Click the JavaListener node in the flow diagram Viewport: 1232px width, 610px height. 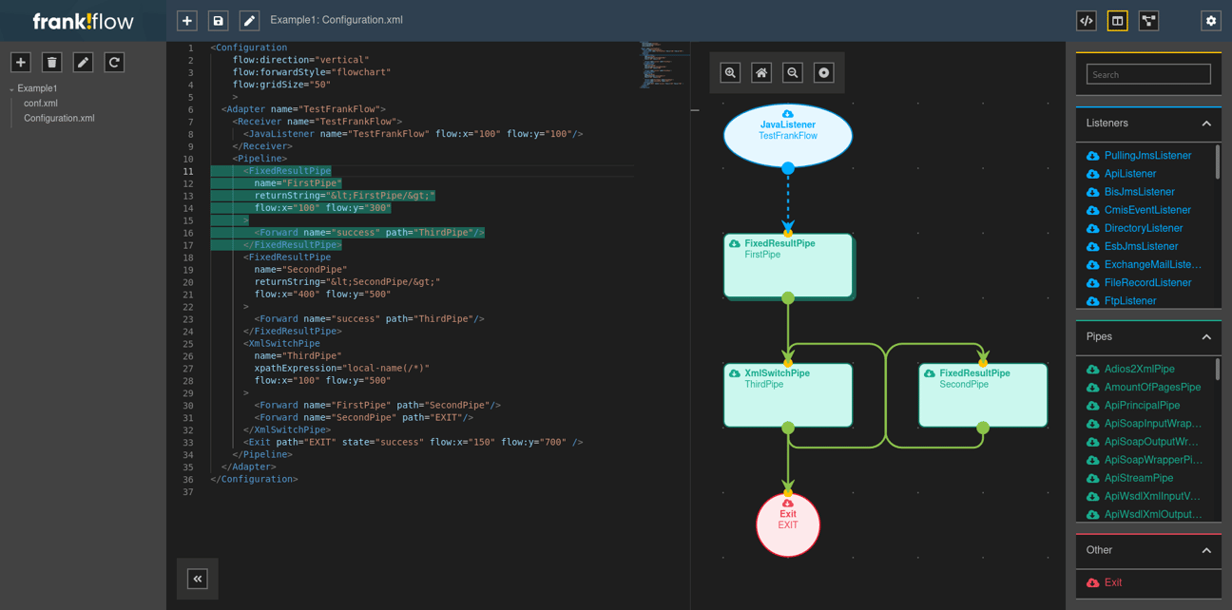pyautogui.click(x=787, y=135)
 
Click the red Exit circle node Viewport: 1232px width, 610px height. pyautogui.click(x=788, y=524)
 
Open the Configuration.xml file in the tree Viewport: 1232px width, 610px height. pyautogui.click(x=59, y=119)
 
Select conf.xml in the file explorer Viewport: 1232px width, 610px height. pyautogui.click(x=41, y=104)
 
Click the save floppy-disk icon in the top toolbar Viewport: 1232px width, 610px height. pyautogui.click(x=218, y=20)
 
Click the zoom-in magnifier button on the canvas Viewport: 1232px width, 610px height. pyautogui.click(x=730, y=73)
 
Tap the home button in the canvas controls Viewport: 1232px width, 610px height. pyautogui.click(x=761, y=73)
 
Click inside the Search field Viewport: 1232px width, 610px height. pyautogui.click(x=1148, y=74)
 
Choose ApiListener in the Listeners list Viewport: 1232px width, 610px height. pyautogui.click(x=1130, y=174)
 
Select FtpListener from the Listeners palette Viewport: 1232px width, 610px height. pyautogui.click(x=1130, y=301)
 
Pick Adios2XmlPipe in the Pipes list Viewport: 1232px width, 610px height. pyautogui.click(x=1139, y=370)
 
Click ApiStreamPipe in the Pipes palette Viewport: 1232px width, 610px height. pyautogui.click(x=1139, y=479)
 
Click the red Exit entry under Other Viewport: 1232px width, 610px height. pyautogui.click(x=1113, y=583)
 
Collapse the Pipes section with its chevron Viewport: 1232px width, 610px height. pyautogui.click(x=1206, y=337)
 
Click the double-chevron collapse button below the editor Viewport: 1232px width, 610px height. pyautogui.click(x=198, y=579)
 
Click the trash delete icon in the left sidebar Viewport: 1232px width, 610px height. pyautogui.click(x=52, y=63)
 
